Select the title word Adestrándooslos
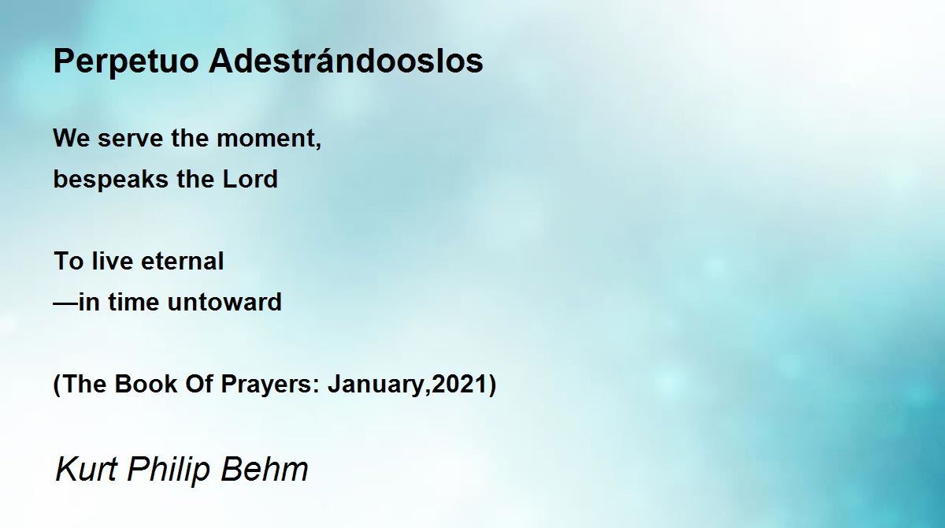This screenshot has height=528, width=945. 346,61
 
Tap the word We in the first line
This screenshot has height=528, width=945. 72,138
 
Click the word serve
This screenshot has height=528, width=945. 131,139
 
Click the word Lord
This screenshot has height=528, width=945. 250,179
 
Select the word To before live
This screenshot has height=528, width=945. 69,261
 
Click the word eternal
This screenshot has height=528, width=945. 182,261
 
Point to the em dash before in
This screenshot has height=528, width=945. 65,303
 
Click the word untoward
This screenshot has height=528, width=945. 224,302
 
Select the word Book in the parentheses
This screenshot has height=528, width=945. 146,384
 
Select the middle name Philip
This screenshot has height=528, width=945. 169,470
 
